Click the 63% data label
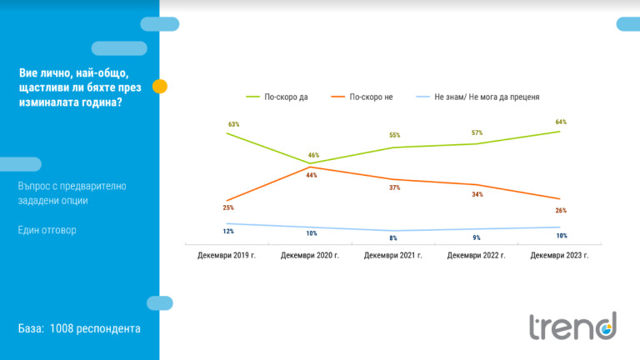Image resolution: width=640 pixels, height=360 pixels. [234, 124]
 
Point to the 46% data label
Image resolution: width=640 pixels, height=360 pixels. [312, 155]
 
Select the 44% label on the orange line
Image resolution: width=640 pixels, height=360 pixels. [310, 175]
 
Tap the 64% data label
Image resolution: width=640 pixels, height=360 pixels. [560, 122]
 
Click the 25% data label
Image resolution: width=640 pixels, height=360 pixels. [228, 207]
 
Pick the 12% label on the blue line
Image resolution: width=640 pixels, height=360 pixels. [228, 230]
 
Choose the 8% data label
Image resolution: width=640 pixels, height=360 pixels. [393, 238]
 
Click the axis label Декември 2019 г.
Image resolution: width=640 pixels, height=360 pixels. [227, 255]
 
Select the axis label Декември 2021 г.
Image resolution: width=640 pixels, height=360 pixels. [393, 255]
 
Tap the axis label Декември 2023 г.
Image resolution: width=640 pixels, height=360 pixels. [560, 255]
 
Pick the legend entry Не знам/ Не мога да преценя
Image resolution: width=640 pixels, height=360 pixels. [487, 97]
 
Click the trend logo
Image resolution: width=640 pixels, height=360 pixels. [573, 325]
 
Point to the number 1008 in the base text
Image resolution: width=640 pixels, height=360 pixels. [66, 329]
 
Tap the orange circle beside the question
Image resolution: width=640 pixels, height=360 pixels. [160, 86]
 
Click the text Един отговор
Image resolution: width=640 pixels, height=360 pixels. [47, 230]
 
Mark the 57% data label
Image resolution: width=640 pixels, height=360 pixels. [477, 132]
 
